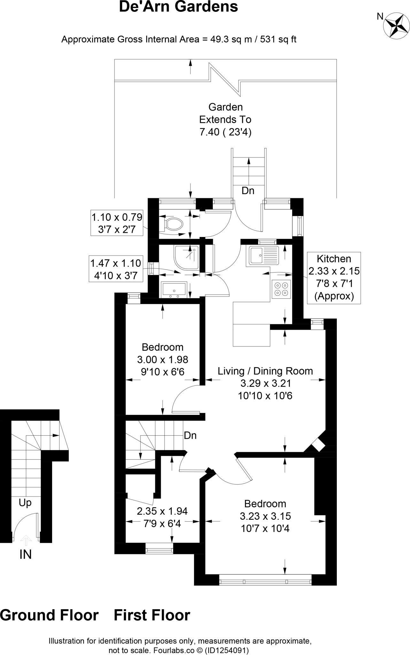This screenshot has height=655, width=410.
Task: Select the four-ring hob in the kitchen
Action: (x=282, y=289)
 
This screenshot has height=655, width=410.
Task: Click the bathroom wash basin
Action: (x=174, y=289)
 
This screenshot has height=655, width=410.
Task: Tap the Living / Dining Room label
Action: (x=265, y=371)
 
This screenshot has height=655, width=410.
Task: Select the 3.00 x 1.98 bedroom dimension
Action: (x=163, y=359)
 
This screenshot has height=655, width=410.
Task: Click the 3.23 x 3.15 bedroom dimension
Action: (x=265, y=516)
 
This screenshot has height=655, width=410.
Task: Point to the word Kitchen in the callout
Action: (x=334, y=258)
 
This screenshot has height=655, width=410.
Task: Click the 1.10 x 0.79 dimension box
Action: (x=117, y=223)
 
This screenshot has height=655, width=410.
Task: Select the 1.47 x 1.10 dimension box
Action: (x=116, y=269)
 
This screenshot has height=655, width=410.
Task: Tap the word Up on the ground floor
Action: (x=25, y=503)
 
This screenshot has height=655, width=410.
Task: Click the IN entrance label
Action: (x=26, y=554)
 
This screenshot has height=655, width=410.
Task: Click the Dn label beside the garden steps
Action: (x=248, y=191)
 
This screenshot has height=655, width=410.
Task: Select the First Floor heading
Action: (x=152, y=615)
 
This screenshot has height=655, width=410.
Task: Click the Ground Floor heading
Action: (x=49, y=615)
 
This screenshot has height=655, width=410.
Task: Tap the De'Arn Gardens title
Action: (x=179, y=7)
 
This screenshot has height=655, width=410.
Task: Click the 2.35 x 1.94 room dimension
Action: (x=162, y=511)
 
